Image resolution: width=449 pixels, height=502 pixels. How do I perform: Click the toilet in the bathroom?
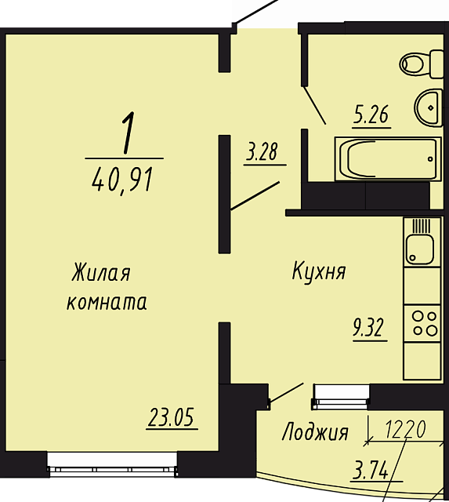coord(422,64)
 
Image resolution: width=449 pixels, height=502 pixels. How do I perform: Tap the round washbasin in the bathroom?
coord(429,107)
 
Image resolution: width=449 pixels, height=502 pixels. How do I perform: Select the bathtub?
coord(388,158)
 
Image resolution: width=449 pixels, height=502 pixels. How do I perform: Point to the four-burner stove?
coord(422,323)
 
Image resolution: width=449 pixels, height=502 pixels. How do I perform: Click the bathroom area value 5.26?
coord(371,115)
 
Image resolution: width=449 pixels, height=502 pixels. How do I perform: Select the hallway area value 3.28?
coord(262,151)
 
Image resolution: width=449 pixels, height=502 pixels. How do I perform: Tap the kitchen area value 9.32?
coord(368,328)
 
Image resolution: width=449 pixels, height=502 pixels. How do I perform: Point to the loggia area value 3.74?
coord(371,469)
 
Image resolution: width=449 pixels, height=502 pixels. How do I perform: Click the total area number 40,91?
coord(122,180)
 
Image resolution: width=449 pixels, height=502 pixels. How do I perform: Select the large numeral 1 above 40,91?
coord(128,133)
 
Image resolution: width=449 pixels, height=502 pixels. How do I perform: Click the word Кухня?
coord(319,271)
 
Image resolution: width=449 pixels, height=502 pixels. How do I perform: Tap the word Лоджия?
coord(315,432)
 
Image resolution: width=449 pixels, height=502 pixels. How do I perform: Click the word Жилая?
coord(101,272)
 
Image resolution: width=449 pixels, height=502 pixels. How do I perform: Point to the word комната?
coord(107,302)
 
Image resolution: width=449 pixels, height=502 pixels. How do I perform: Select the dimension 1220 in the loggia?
coord(405,429)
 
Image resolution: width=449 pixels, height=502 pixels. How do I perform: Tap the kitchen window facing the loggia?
coord(341,397)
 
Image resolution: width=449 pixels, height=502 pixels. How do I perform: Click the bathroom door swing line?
coord(314,104)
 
